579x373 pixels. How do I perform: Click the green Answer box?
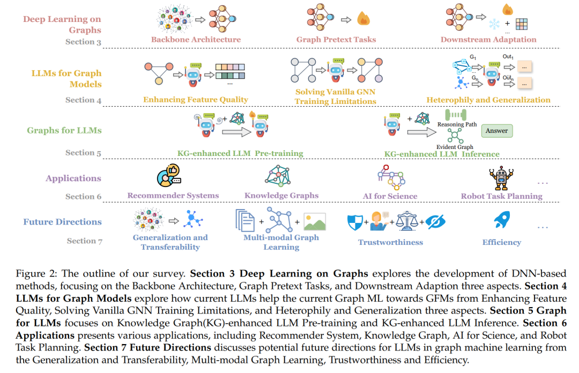[496, 131]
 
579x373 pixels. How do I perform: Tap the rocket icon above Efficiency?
[502, 219]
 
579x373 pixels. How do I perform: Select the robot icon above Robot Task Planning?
[501, 178]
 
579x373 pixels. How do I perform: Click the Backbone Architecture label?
[196, 40]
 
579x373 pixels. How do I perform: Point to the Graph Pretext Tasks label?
[336, 40]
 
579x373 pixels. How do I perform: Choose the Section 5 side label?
[83, 153]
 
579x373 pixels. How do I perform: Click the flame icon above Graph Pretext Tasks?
[363, 18]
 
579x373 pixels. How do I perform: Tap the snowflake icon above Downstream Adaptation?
[494, 24]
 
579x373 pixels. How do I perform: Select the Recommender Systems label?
[173, 196]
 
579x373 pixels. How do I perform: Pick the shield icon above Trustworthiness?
[355, 222]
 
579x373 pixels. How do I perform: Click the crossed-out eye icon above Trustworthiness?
[435, 221]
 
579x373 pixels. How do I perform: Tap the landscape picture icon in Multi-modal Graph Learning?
[315, 221]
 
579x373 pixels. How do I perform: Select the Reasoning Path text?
[457, 124]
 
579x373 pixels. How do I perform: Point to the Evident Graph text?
[455, 147]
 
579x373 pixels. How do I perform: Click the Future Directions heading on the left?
[62, 222]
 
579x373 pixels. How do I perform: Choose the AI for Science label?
[390, 196]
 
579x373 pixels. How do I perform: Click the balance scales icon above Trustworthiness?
[407, 221]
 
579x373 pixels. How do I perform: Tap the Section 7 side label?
[85, 241]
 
